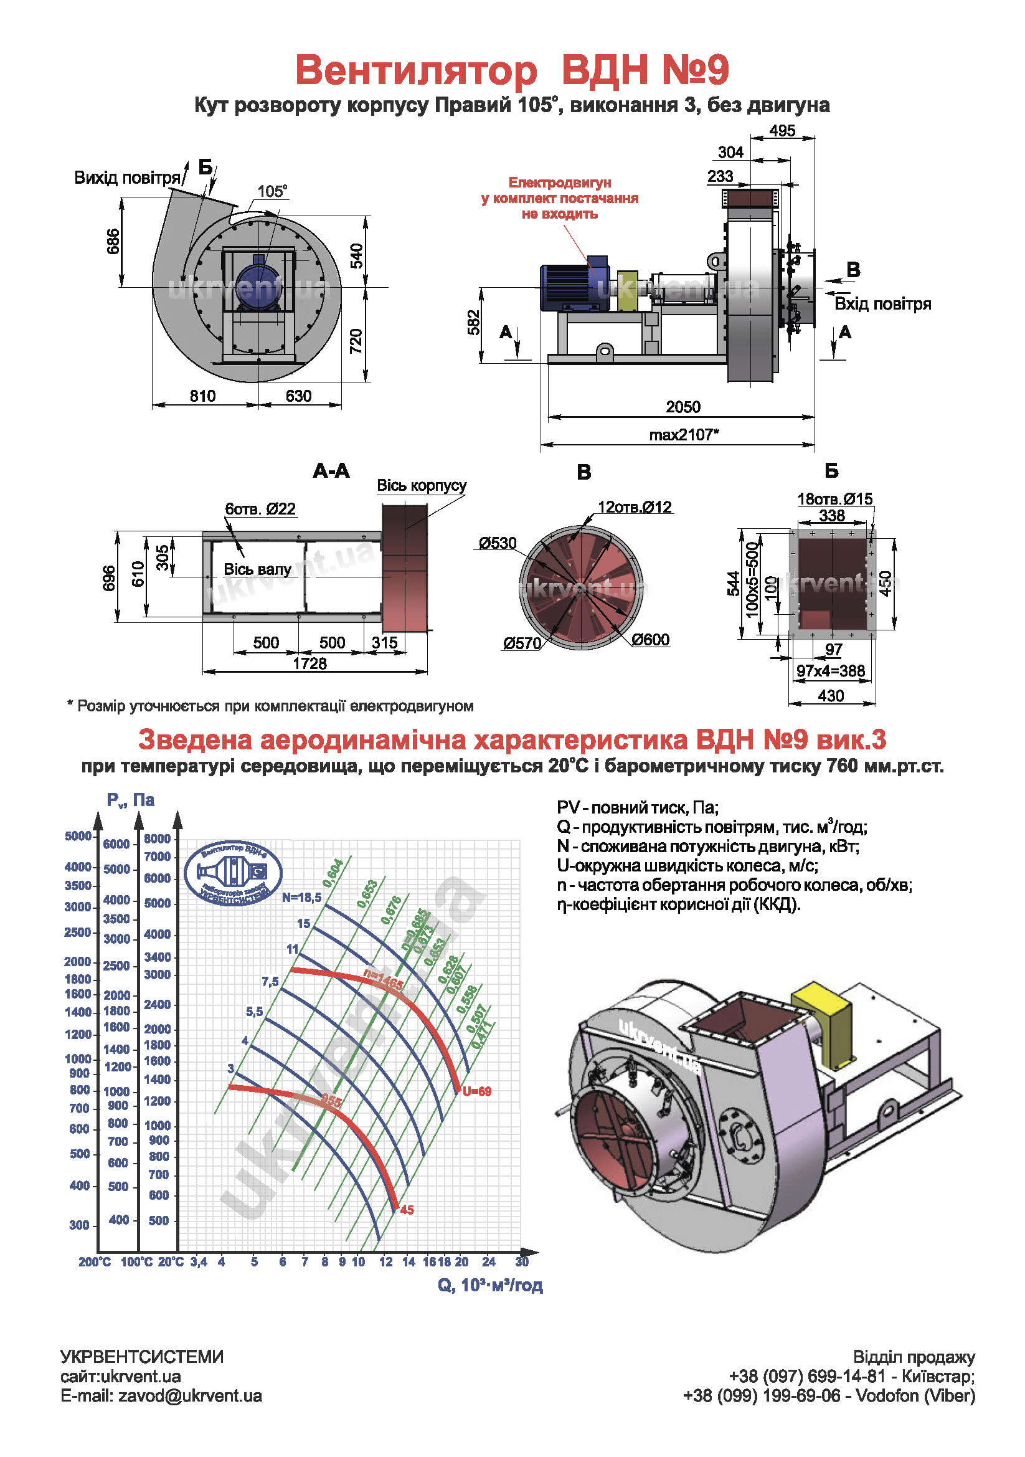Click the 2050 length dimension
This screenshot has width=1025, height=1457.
tap(683, 407)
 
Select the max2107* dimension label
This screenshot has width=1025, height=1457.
tap(684, 435)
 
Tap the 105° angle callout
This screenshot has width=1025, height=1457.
tap(272, 191)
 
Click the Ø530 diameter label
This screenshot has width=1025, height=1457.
tap(498, 543)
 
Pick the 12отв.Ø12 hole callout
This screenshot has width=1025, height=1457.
tap(635, 507)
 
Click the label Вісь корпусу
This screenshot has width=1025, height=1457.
tap(422, 485)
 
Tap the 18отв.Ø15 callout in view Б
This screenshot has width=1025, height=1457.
tap(834, 499)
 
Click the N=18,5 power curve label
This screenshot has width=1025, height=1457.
tap(302, 897)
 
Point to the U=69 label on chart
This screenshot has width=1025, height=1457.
tap(477, 1091)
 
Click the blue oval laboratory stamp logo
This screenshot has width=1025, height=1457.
tap(234, 873)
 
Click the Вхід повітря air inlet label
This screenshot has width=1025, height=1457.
tap(882, 304)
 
